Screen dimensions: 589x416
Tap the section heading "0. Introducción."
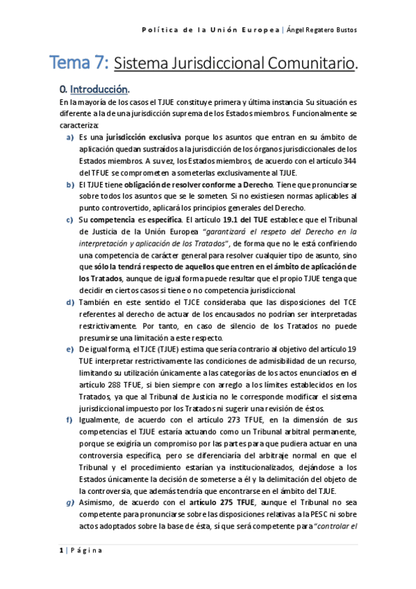pyautogui.click(x=95, y=90)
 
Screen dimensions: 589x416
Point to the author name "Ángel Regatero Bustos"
pyautogui.click(x=327, y=29)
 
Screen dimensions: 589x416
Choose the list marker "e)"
pyautogui.click(x=69, y=349)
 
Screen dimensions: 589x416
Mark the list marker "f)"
pyautogui.click(x=69, y=420)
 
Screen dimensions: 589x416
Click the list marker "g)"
pyautogui.click(x=69, y=502)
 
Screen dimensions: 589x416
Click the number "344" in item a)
pyautogui.click(x=349, y=160)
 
